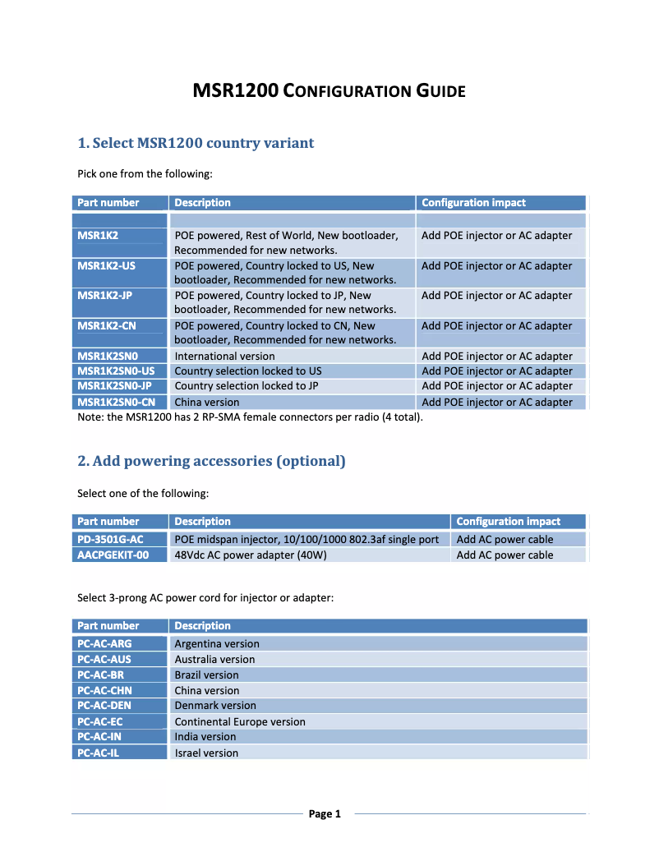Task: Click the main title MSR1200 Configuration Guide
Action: click(x=329, y=90)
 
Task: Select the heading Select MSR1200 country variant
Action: click(x=196, y=143)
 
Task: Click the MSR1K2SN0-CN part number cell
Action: click(x=120, y=402)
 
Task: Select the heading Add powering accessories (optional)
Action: click(x=211, y=461)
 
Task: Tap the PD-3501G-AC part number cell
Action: click(x=120, y=539)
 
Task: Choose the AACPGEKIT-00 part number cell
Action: click(x=120, y=555)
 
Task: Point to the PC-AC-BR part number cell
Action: click(x=120, y=675)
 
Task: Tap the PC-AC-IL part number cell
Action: click(x=120, y=753)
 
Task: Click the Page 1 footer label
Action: click(x=325, y=814)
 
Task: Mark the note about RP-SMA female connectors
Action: click(x=250, y=417)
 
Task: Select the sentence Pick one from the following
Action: click(x=145, y=173)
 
